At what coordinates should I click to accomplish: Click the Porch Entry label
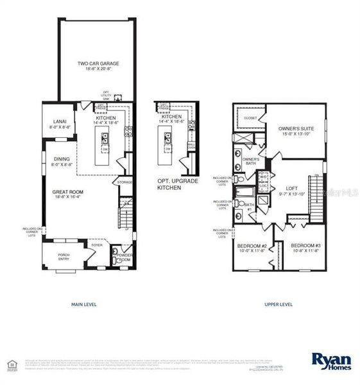[x=64, y=257]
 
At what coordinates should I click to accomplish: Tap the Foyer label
[x=97, y=244]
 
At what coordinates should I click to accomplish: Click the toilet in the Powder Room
[x=116, y=261]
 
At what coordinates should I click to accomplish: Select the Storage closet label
[x=124, y=182]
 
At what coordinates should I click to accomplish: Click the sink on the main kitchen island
[x=103, y=137]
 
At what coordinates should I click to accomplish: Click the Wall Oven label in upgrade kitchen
[x=191, y=146]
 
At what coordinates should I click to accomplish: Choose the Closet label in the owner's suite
[x=250, y=118]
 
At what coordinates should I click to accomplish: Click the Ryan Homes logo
[x=329, y=359]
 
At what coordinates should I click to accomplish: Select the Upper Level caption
[x=279, y=304]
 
